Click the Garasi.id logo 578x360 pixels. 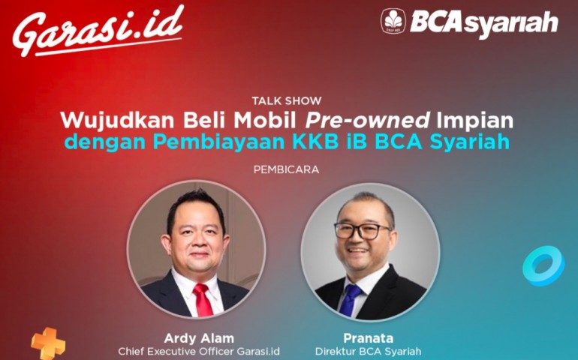(x=98, y=31)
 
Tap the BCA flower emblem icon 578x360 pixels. (x=393, y=21)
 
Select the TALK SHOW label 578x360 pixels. (x=287, y=100)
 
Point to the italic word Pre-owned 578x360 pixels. (x=368, y=121)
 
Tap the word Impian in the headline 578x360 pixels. (x=474, y=121)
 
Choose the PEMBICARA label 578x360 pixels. (x=287, y=169)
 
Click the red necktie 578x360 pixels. (x=203, y=300)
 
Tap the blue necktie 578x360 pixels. (x=351, y=299)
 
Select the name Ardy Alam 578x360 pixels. (x=199, y=338)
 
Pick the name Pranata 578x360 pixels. (x=369, y=338)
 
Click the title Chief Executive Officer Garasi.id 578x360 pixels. (x=199, y=351)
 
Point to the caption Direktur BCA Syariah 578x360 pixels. (x=369, y=352)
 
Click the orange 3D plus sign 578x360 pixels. (x=48, y=343)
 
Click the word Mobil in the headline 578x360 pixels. (x=266, y=121)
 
